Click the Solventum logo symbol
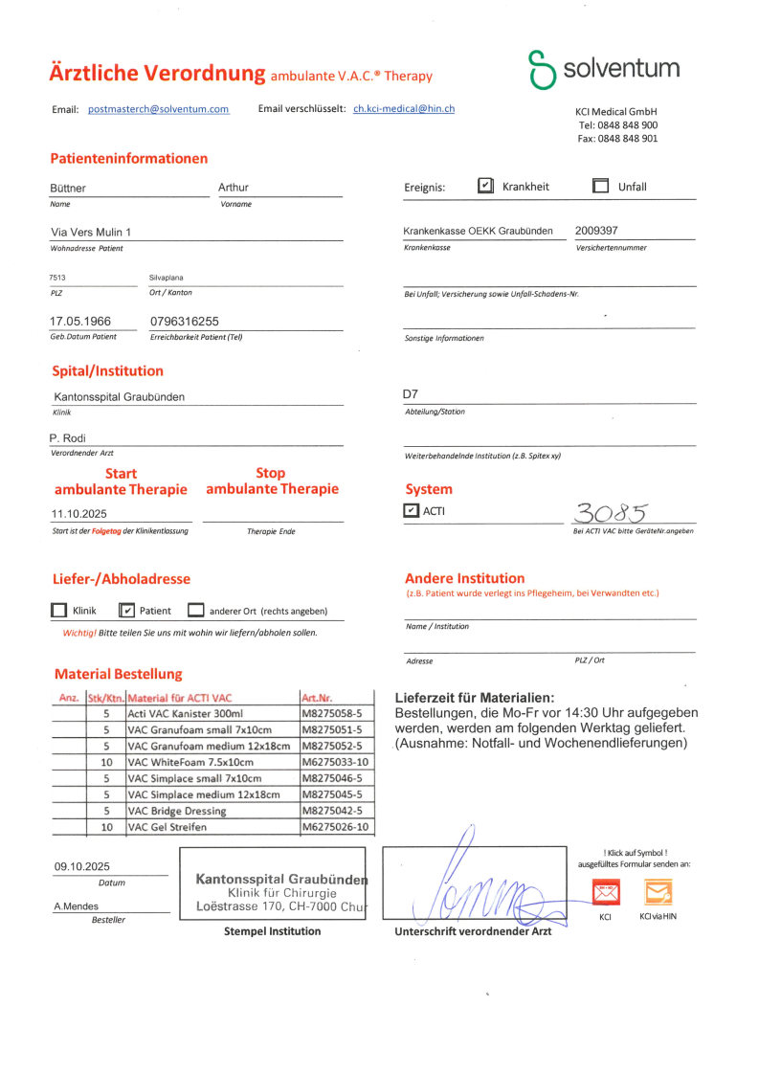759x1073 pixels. (543, 70)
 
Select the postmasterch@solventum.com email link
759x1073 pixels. (159, 109)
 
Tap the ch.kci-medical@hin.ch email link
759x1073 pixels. (404, 109)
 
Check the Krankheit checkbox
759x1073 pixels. (486, 186)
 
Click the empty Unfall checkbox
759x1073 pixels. (601, 186)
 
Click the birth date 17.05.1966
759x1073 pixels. (80, 322)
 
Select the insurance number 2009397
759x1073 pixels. (596, 231)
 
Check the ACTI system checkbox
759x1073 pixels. (412, 511)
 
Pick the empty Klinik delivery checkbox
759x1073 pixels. (58, 610)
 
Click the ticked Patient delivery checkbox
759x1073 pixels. (127, 610)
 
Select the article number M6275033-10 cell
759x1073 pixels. (335, 762)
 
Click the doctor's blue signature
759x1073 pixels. (479, 890)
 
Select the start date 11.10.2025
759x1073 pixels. (80, 513)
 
